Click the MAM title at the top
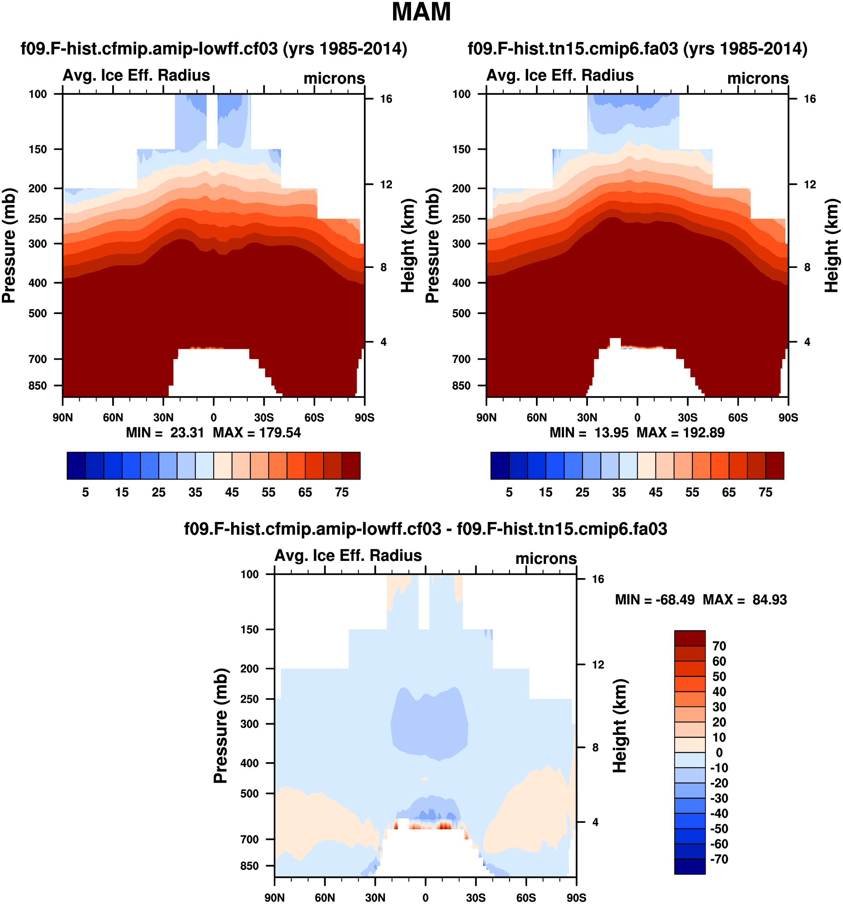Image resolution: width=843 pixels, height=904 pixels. [421, 12]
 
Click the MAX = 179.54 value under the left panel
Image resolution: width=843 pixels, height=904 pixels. [257, 433]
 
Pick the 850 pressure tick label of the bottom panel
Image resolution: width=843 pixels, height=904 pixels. [249, 866]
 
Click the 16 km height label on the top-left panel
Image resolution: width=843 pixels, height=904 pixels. [386, 99]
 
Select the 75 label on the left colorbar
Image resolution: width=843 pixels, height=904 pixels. [342, 492]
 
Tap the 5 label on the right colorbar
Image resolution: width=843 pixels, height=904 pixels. [509, 492]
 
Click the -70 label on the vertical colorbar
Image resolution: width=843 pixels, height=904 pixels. [719, 859]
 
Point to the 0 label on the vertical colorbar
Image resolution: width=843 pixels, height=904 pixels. [719, 752]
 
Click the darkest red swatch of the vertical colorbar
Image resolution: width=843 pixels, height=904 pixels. [689, 638]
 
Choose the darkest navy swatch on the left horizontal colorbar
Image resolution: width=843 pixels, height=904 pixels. [76, 465]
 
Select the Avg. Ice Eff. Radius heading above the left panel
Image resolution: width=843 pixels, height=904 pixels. [137, 76]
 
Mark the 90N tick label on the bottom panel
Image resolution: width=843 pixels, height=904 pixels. [275, 898]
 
